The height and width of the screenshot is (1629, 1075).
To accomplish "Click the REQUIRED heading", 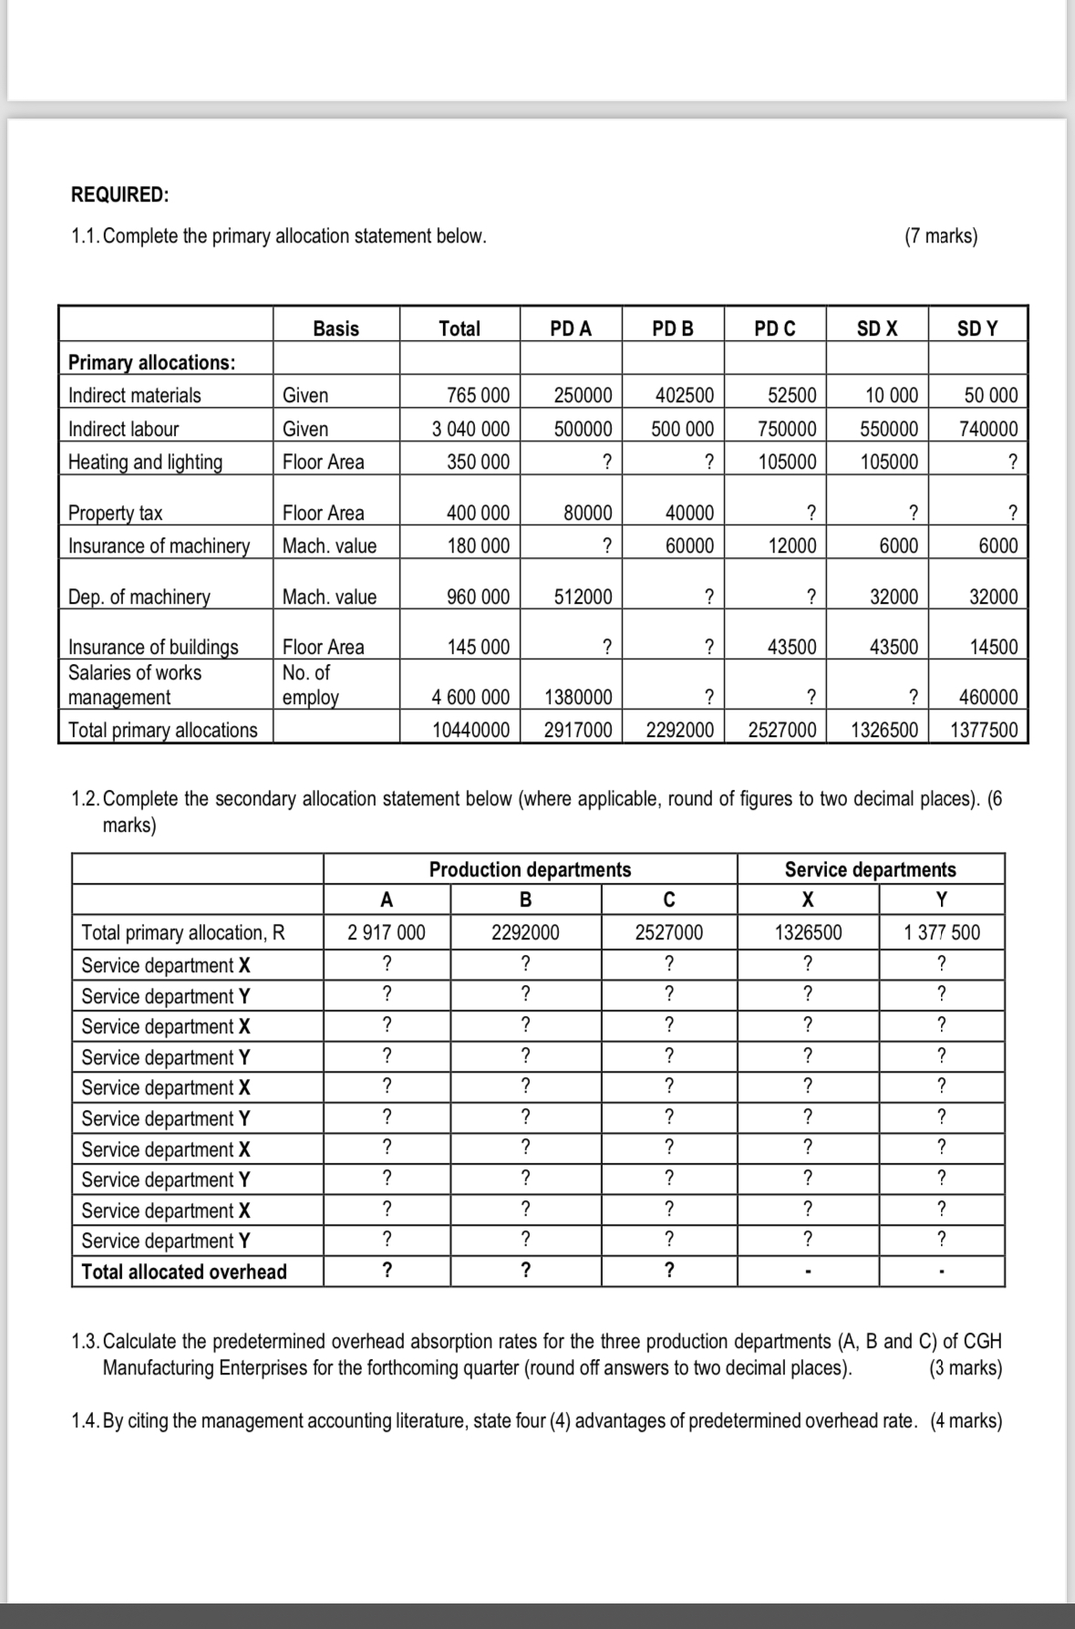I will click(119, 194).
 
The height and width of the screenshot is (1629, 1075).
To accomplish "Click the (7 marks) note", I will click(940, 236).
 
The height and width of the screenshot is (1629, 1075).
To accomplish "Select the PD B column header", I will click(673, 329).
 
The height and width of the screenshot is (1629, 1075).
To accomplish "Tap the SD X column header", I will click(876, 329).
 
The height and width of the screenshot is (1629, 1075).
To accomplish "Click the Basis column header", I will click(336, 329).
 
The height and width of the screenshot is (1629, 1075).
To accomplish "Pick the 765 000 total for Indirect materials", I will click(478, 396).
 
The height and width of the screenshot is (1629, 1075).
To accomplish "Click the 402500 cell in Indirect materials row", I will click(684, 396).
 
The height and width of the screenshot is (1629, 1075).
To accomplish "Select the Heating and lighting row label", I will click(145, 462).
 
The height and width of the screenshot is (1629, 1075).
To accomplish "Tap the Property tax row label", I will click(115, 513).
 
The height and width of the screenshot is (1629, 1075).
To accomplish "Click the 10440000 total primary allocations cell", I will click(470, 730).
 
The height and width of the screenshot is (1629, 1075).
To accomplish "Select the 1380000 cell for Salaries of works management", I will click(578, 698).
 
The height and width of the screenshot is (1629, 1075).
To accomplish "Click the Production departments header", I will click(530, 869).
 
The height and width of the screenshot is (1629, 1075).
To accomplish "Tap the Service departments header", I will click(870, 869).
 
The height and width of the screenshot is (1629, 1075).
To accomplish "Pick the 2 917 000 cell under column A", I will click(387, 932).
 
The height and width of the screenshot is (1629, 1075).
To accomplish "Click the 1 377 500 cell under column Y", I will click(942, 932).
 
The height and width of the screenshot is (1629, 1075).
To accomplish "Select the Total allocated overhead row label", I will click(183, 1271).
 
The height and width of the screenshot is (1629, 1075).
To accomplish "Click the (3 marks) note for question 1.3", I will click(964, 1368).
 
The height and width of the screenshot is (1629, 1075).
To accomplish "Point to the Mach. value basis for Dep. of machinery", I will click(329, 597).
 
